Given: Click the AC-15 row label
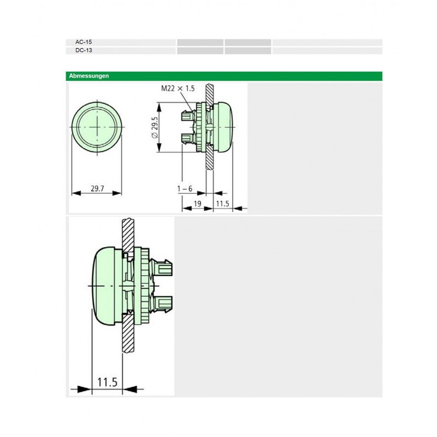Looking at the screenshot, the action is click(84, 42).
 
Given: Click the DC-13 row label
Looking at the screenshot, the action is click(84, 50).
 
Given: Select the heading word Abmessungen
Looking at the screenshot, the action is click(89, 76).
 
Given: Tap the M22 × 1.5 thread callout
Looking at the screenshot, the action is click(178, 88).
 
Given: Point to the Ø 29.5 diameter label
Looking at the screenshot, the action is click(155, 127).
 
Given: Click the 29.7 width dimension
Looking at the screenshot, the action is click(97, 188).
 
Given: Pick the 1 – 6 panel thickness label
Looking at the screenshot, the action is click(185, 188).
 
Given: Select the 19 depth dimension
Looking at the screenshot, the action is click(197, 204).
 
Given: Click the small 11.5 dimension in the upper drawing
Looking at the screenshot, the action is click(222, 204).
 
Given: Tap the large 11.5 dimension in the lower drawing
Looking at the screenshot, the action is click(107, 382).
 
